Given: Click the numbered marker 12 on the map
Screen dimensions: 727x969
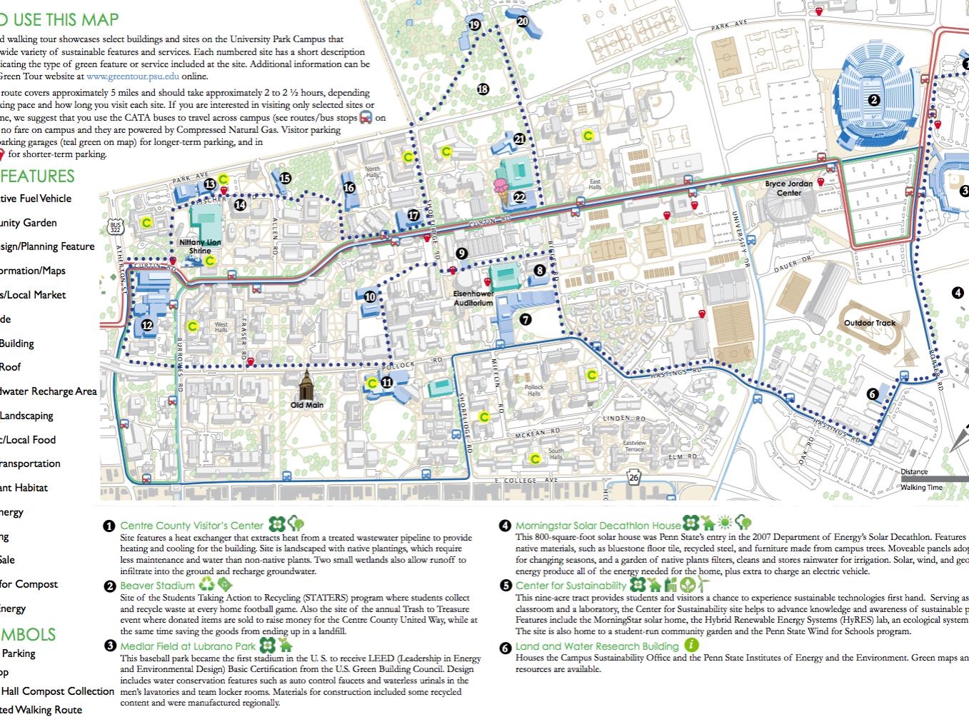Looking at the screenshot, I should click(x=147, y=325).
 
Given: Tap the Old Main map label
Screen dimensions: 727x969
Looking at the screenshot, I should click(x=307, y=405).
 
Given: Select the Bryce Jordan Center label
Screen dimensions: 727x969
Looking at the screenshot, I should click(x=789, y=189).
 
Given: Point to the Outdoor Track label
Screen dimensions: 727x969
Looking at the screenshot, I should click(x=869, y=323).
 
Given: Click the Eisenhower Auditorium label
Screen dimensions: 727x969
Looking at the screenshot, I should click(x=473, y=299).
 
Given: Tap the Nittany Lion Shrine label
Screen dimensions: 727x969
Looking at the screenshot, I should click(x=200, y=246).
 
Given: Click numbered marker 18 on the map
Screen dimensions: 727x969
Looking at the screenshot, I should click(x=483, y=89).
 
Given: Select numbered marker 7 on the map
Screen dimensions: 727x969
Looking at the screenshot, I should click(x=526, y=319).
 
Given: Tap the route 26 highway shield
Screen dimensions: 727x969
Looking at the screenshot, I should click(x=634, y=478).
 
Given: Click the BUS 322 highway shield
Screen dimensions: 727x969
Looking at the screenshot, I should click(x=116, y=228).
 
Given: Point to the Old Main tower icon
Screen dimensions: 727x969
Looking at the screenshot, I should click(x=307, y=386).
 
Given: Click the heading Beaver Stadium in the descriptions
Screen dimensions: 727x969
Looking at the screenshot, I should click(x=157, y=586).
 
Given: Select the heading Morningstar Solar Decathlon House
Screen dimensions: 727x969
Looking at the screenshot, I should click(x=598, y=526).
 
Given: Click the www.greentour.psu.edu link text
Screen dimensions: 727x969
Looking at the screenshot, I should click(x=133, y=76).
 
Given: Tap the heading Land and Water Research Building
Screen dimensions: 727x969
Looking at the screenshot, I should click(x=597, y=646).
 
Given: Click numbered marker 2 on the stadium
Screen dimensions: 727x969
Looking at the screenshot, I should click(x=873, y=100).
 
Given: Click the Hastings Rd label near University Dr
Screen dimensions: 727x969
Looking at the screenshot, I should click(x=668, y=372).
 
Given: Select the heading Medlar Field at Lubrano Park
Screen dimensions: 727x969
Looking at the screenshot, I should click(x=187, y=646).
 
